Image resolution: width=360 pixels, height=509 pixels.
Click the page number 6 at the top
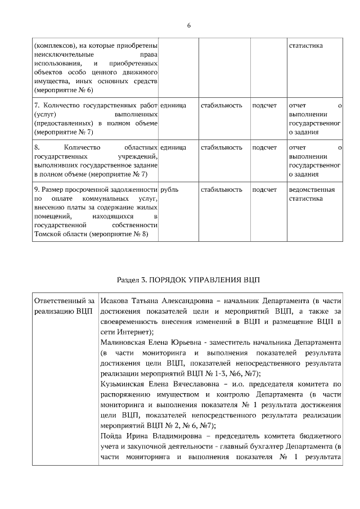coord(189,25)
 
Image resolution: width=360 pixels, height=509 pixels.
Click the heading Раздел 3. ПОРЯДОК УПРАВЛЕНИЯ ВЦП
coord(189,280)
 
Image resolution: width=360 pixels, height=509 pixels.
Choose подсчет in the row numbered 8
coord(264,147)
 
